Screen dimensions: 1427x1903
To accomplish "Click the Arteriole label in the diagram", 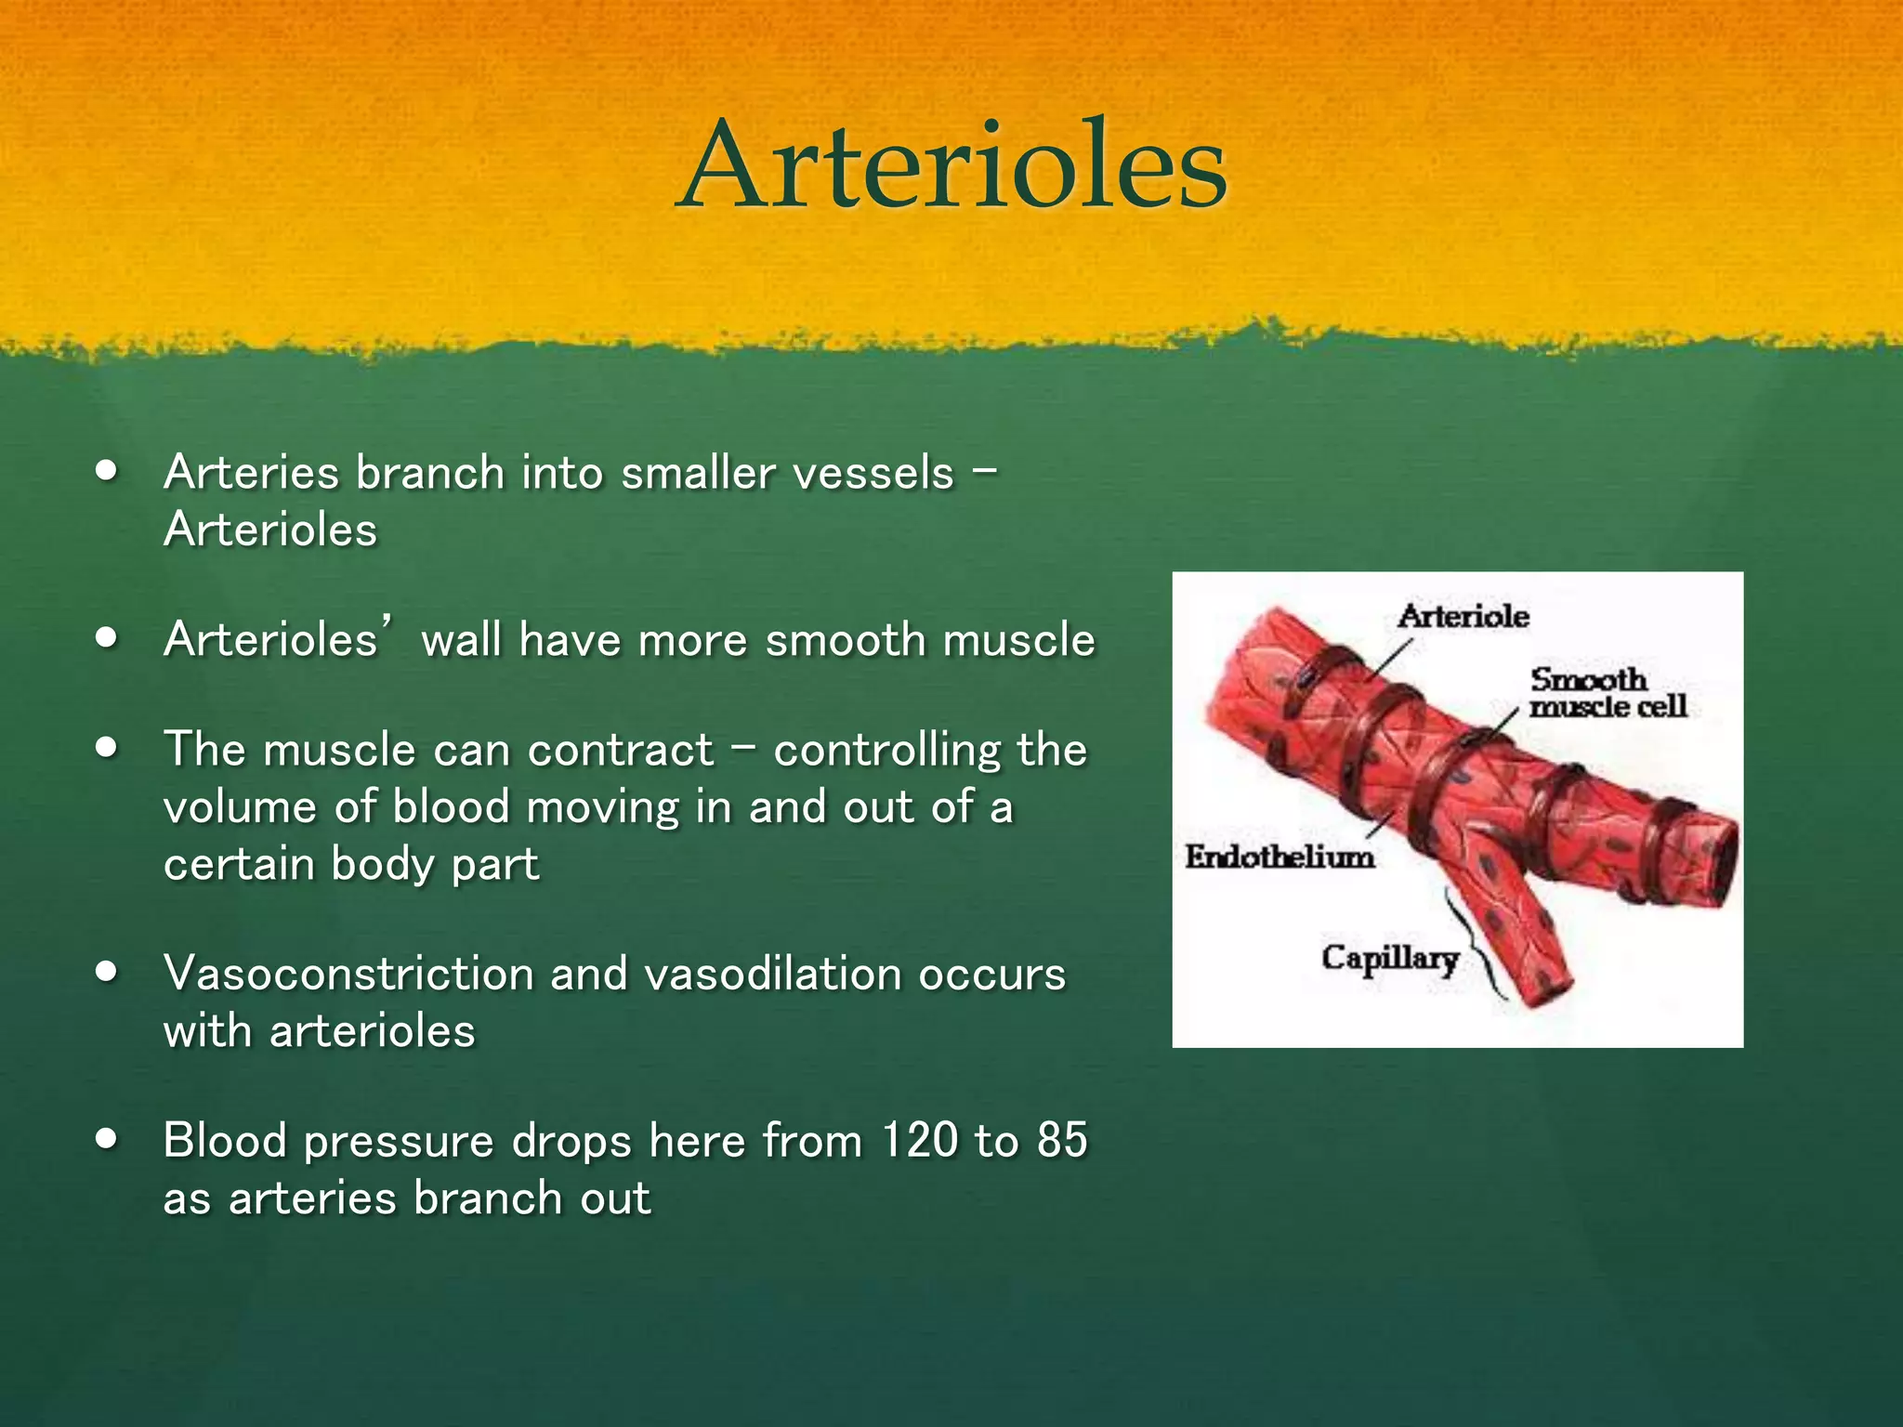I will pos(1463,617).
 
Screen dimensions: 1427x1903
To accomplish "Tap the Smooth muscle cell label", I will pos(1608,693).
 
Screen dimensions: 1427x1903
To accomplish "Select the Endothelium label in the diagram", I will pos(1279,857).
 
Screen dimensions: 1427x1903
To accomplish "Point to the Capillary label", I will pos(1389,958).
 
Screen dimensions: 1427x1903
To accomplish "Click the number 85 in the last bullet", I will pos(1061,1141).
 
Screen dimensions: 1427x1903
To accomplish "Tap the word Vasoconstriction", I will pos(348,975).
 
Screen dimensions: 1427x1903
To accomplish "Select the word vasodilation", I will pos(773,975).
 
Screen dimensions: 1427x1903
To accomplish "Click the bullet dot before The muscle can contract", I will pos(108,748).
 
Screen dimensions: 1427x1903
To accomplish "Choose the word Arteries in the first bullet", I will pos(251,474).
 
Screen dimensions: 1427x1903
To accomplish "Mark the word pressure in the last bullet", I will pos(399,1143).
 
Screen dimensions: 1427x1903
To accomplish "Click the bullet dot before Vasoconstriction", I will pos(108,972).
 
